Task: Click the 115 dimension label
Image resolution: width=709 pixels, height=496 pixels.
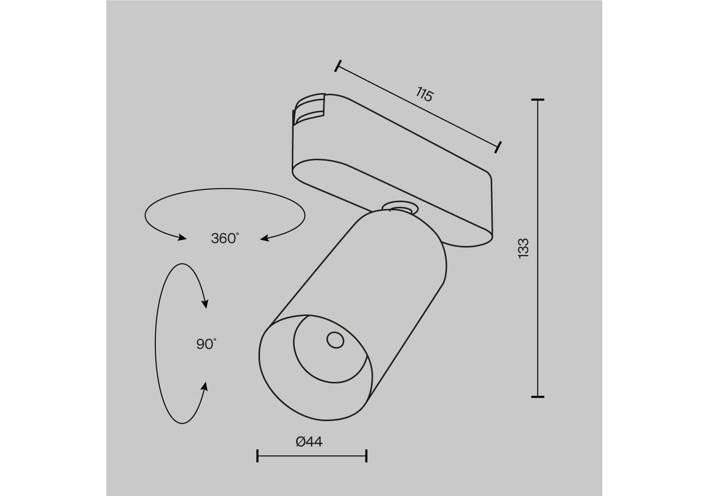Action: [x=424, y=94]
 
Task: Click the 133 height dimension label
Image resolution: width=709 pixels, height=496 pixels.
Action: [x=523, y=248]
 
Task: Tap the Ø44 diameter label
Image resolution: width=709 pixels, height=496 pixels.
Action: [x=309, y=441]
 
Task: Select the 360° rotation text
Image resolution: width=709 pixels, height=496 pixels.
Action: [x=225, y=238]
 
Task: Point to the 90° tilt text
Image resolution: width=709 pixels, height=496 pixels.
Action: [x=206, y=344]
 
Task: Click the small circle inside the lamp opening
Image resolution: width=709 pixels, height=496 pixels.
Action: [x=335, y=340]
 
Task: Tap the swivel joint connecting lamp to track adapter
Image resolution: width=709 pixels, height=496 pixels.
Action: [x=400, y=209]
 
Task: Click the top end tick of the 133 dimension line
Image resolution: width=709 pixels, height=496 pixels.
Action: [x=537, y=100]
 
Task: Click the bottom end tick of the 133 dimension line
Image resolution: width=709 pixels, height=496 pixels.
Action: [x=537, y=397]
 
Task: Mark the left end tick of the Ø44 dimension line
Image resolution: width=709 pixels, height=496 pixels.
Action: [x=258, y=455]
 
